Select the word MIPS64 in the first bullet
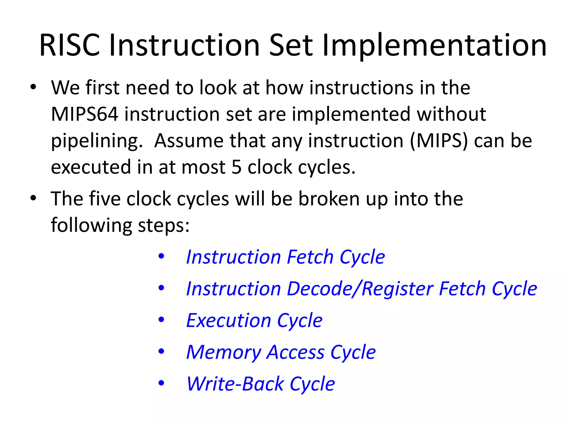[85, 114]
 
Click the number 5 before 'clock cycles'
[236, 167]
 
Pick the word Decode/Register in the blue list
[360, 289]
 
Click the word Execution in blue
[228, 320]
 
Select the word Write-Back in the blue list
[235, 384]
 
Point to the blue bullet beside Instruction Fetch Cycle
[161, 256]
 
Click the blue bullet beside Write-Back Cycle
[161, 383]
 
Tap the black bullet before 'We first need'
[33, 87]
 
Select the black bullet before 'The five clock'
[33, 198]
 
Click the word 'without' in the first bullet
[451, 114]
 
